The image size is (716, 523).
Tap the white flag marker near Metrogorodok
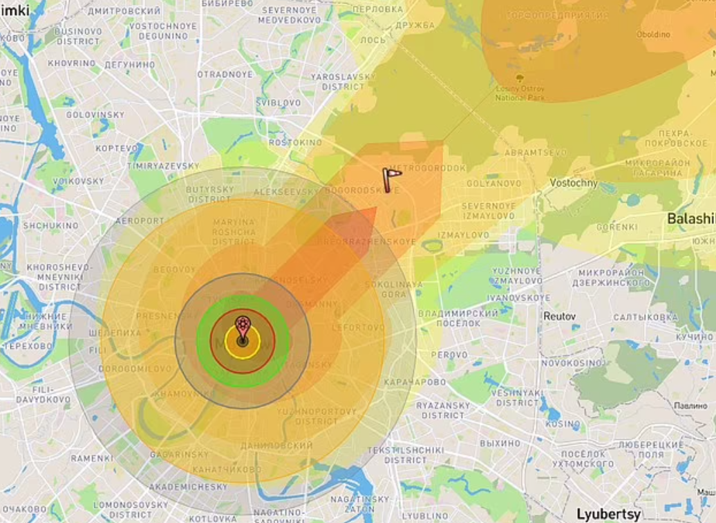click(391, 179)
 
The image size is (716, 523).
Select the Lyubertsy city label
click(608, 514)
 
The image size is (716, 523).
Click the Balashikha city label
click(690, 218)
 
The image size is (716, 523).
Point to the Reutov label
click(559, 316)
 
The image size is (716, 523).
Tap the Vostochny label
click(573, 182)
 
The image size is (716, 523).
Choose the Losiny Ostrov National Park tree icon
click(520, 78)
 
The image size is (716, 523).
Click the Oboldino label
click(653, 34)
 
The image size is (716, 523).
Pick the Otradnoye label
click(225, 74)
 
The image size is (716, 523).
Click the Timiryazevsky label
click(163, 167)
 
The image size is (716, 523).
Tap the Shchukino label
click(50, 225)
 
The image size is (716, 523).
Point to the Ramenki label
click(91, 458)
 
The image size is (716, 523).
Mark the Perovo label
click(453, 354)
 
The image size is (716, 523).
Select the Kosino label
click(563, 424)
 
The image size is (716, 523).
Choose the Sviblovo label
click(279, 102)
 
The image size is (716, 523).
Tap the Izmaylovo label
click(463, 235)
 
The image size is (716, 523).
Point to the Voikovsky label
click(78, 181)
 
